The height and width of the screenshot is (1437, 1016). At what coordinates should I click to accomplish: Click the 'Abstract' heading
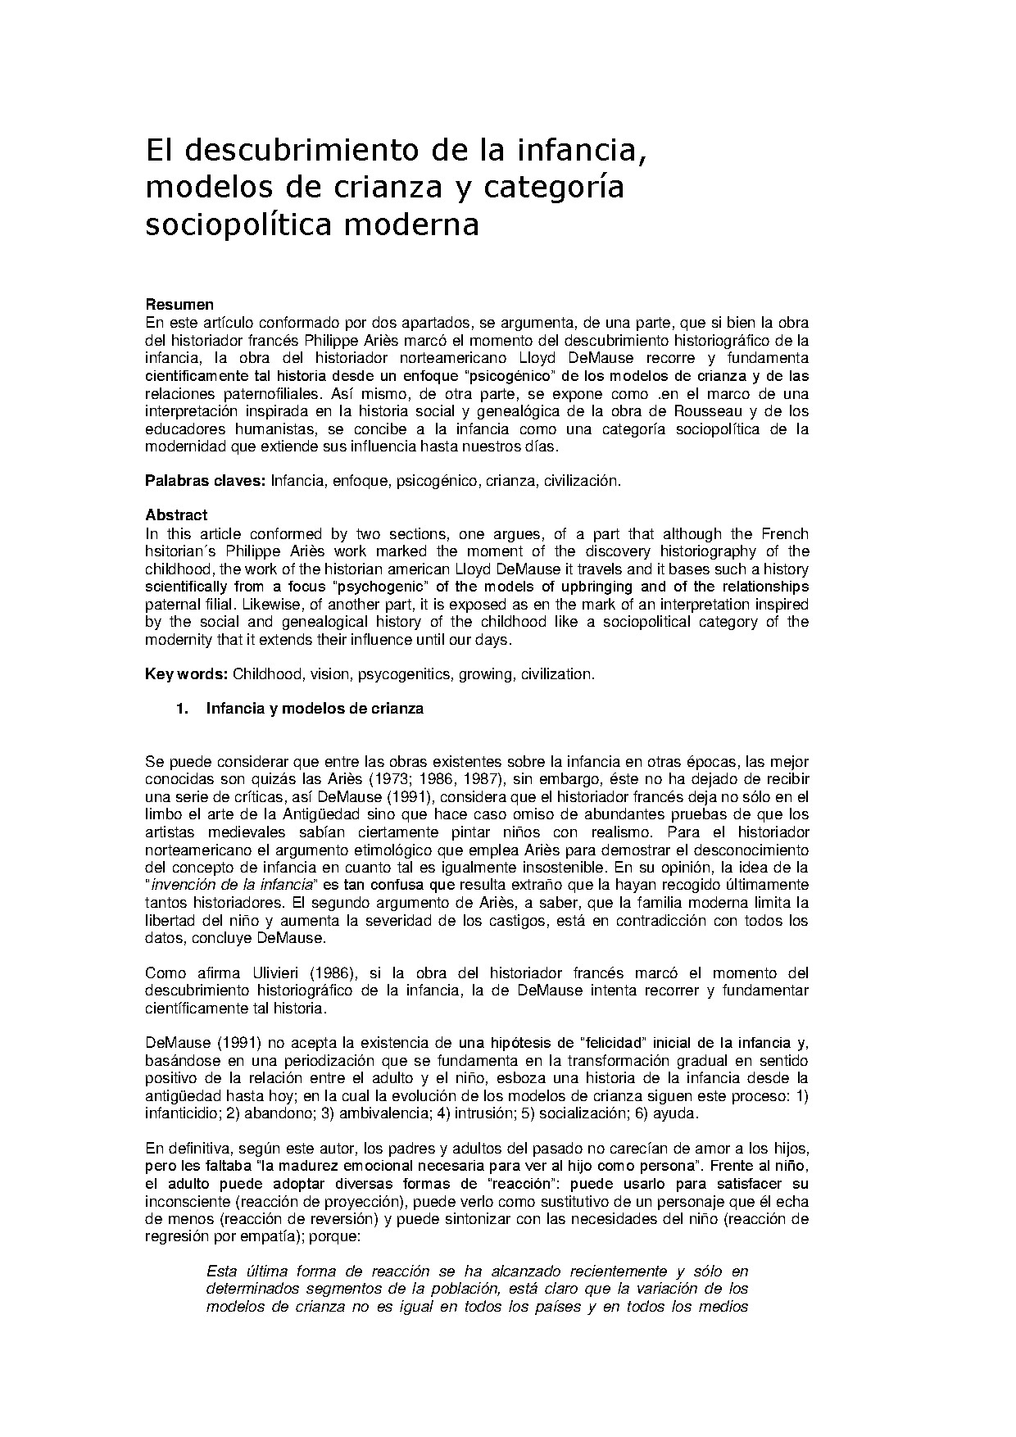pos(176,515)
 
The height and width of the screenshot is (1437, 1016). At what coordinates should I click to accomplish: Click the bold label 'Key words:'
pos(186,674)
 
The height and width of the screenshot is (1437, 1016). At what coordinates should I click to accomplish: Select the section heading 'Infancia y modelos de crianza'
pos(315,709)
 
